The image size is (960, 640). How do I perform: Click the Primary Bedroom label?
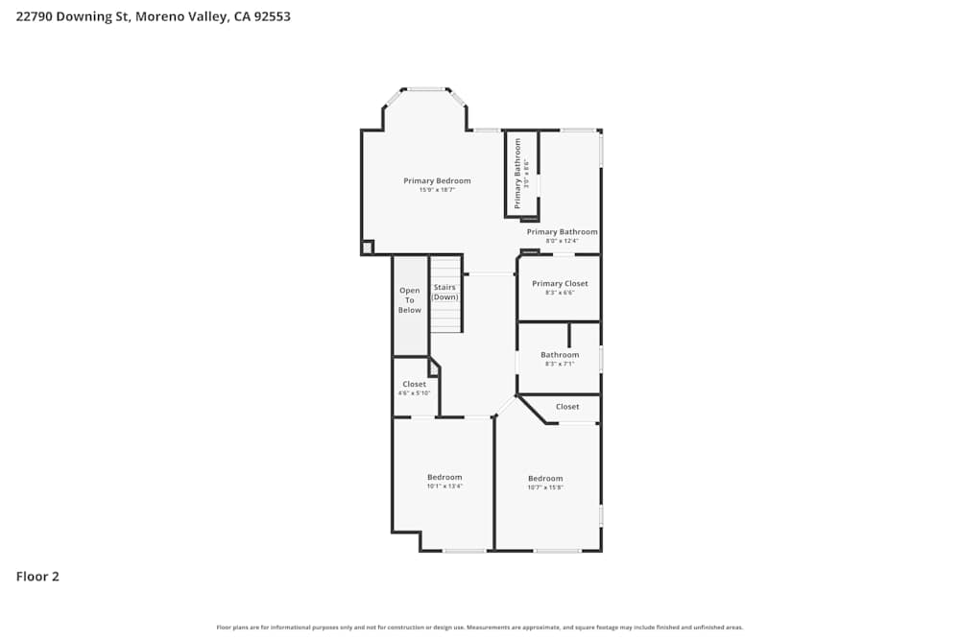pos(437,181)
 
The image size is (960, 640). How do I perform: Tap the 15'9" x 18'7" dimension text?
pos(437,190)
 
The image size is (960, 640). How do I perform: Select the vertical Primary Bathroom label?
pos(517,174)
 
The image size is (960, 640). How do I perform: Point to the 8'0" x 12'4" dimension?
pos(562,241)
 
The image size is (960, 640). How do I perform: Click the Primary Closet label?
pos(560,284)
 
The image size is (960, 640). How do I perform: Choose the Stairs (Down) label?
pos(444,292)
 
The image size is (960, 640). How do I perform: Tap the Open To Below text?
pos(410,300)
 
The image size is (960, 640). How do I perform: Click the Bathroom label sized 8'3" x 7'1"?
pos(560,355)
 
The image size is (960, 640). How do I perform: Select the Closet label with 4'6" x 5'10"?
pos(415,384)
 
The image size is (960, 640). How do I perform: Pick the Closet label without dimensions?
pos(567,407)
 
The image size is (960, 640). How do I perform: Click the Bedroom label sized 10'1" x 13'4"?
pos(444,477)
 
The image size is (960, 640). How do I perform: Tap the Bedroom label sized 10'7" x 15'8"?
pos(545,479)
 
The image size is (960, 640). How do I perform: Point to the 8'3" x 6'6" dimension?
pos(560,293)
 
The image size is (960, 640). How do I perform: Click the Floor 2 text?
pos(37,577)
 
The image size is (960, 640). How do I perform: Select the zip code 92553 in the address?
pos(271,16)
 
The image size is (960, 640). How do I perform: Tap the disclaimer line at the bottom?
pos(480,628)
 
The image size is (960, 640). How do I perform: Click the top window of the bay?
pos(426,89)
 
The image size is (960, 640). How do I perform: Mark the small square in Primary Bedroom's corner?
pos(367,248)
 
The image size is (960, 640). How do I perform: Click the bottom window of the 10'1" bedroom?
pos(464,551)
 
